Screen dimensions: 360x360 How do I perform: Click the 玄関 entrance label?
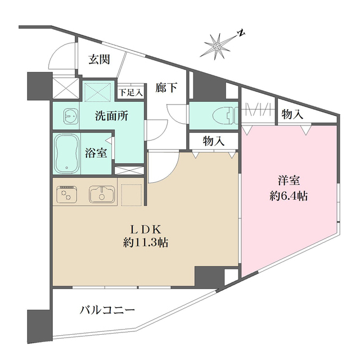point(100,60)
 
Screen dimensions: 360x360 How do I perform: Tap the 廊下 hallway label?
point(167,87)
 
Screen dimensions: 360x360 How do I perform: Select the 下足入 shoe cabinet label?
point(130,89)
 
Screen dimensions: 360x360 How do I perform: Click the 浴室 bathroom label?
point(97,152)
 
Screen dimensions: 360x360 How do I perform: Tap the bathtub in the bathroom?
point(67,152)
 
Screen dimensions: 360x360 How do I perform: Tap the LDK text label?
point(146,229)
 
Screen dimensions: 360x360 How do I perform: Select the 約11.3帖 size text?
point(146,243)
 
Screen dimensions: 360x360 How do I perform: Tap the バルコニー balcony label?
point(107,310)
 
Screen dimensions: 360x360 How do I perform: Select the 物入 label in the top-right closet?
point(292,115)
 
